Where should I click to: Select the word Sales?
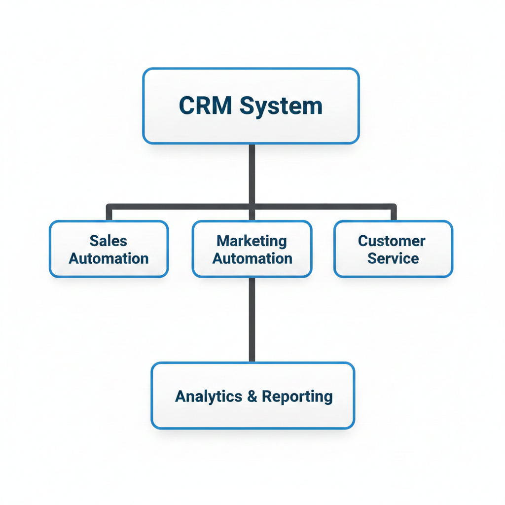[108, 241]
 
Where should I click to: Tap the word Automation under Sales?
[108, 258]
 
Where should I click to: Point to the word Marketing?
[252, 241]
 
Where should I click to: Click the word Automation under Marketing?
[252, 258]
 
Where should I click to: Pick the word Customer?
[392, 241]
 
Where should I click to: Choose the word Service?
[393, 258]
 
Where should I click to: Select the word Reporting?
[297, 397]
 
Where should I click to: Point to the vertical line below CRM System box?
[252, 173]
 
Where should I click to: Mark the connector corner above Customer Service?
[393, 206]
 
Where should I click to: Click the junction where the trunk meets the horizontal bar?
[252, 205]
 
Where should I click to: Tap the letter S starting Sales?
[94, 241]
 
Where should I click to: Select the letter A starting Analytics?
[180, 396]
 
